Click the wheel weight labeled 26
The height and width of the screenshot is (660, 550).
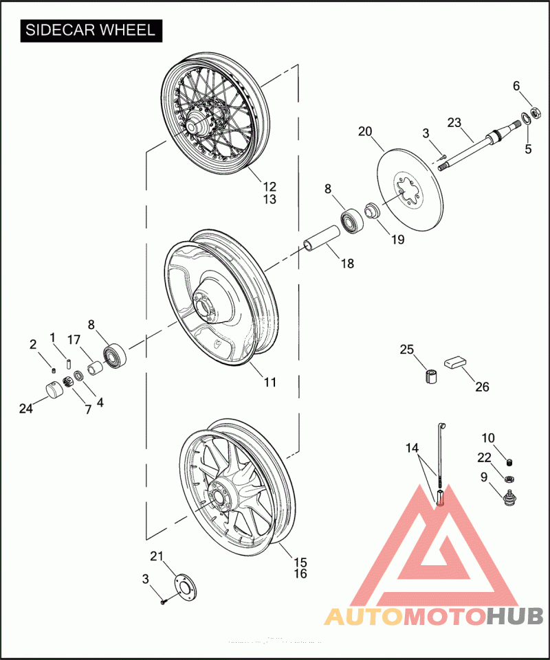click(x=454, y=362)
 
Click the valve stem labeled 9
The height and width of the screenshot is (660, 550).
click(x=509, y=496)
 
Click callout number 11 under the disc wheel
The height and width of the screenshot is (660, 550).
click(x=269, y=382)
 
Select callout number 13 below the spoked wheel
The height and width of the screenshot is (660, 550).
click(x=269, y=199)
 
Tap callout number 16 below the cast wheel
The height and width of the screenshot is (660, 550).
click(x=300, y=573)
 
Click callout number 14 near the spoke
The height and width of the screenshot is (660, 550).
click(x=411, y=448)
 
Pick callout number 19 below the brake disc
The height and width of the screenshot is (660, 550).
click(x=398, y=240)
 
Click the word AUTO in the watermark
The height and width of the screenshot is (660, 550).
click(x=364, y=615)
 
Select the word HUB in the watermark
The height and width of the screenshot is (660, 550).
click(x=514, y=615)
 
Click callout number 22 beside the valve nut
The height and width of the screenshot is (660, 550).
click(x=485, y=457)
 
